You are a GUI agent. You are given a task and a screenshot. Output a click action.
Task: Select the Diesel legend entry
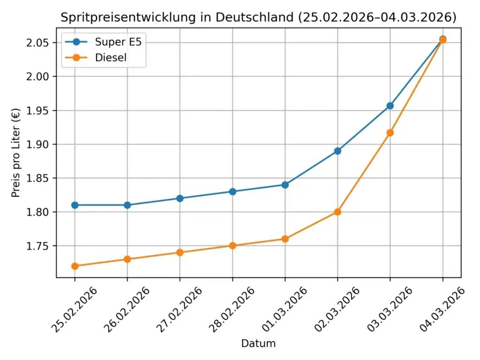coord(111,58)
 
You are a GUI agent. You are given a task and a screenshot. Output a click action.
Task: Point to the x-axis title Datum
coord(258,344)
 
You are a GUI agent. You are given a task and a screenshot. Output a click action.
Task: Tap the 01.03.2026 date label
coord(285,310)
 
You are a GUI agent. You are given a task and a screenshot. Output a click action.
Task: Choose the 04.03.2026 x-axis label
coord(442,310)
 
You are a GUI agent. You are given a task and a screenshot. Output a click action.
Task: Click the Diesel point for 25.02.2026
coord(75,266)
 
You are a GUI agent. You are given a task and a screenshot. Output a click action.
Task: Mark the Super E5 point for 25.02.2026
coord(75,205)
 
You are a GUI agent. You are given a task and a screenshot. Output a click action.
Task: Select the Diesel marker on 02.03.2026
coord(337,212)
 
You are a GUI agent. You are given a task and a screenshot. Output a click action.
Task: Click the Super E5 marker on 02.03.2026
coord(337,151)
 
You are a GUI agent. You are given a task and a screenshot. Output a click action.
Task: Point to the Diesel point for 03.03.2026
coord(390,133)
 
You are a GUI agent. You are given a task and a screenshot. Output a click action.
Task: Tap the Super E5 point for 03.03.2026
coord(390,105)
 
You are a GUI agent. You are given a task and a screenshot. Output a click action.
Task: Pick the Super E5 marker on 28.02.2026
coord(232,191)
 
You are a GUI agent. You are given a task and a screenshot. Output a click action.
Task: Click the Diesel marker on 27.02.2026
coord(180,252)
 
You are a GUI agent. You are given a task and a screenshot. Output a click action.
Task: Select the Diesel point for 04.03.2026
coord(442,40)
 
